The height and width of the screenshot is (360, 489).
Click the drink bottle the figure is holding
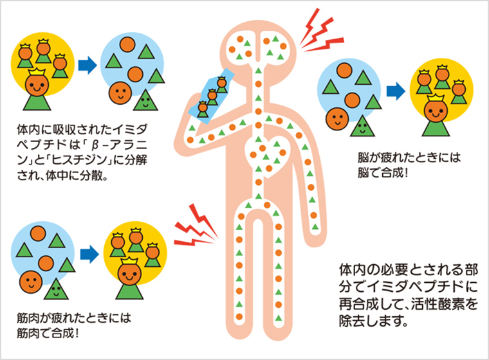pyautogui.click(x=213, y=94)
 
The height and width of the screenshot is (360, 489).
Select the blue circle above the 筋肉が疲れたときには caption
pyautogui.click(x=44, y=255)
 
